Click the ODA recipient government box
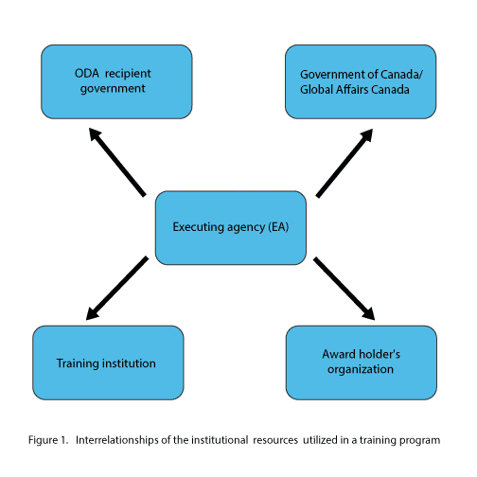(116, 82)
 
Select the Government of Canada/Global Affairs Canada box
(361, 82)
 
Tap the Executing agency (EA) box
(231, 228)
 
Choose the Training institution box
(108, 362)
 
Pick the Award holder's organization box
(362, 362)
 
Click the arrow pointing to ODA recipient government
(117, 162)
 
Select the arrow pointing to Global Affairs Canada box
(344, 163)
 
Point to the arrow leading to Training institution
(117, 288)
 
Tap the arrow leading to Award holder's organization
(344, 289)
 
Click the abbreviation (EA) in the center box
(278, 227)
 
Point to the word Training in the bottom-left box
(78, 363)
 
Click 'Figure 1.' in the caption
(48, 440)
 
